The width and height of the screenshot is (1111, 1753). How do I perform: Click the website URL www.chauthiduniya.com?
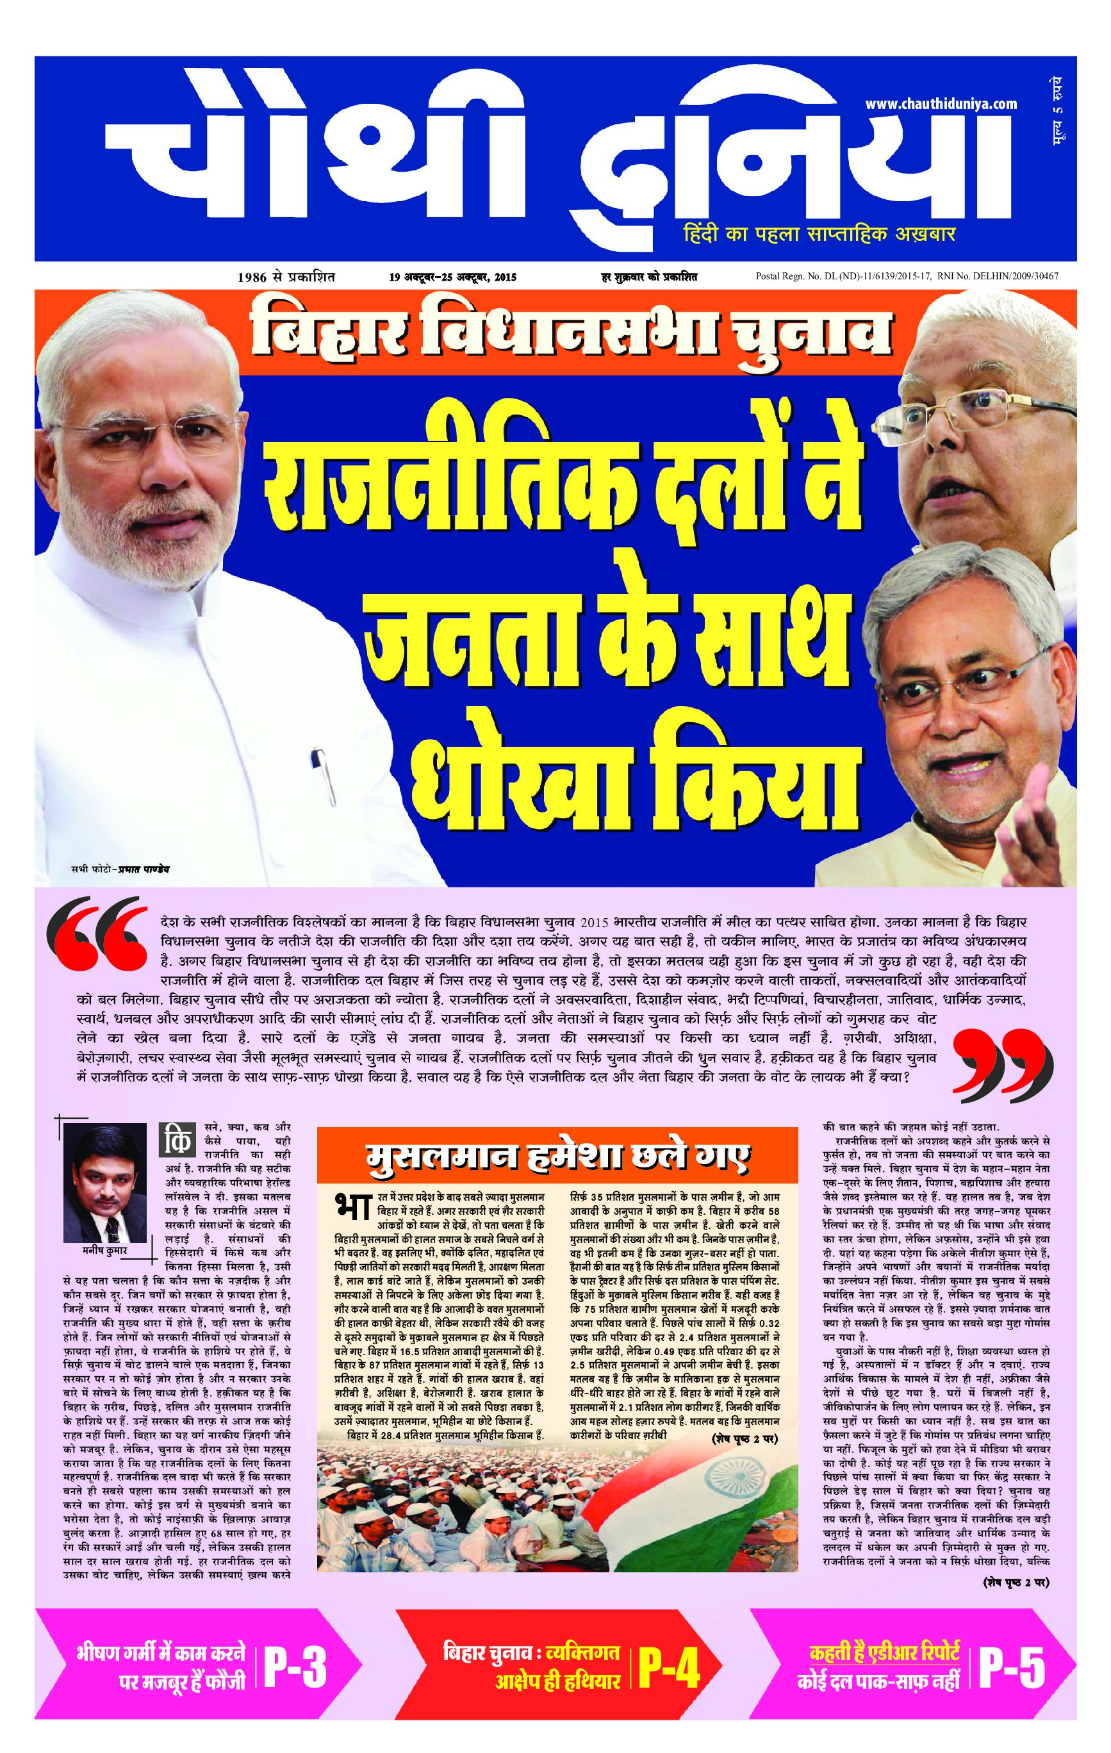click(x=941, y=104)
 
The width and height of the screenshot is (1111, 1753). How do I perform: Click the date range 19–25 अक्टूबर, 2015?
click(x=452, y=277)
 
